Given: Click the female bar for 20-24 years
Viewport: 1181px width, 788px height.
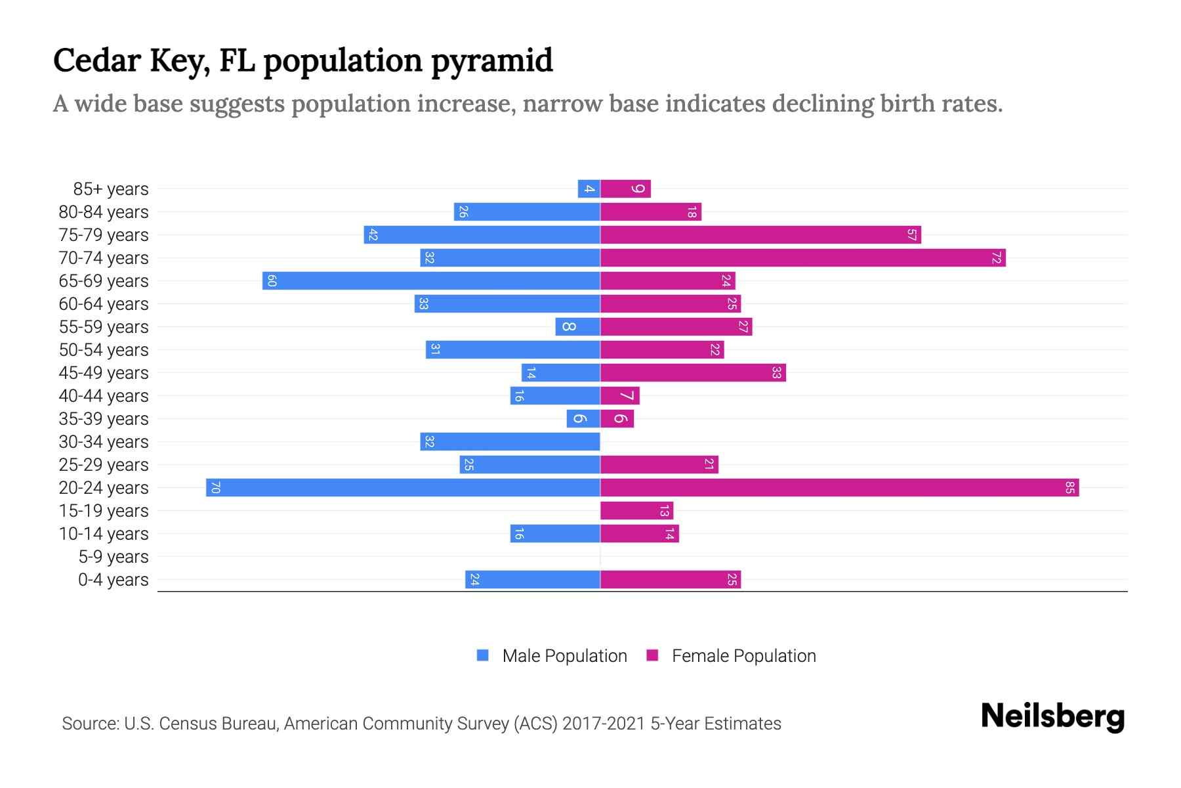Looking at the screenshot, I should (x=839, y=488).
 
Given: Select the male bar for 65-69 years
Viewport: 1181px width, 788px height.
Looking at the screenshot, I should (x=431, y=281).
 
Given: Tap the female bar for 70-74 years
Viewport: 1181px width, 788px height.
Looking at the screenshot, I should (x=802, y=258).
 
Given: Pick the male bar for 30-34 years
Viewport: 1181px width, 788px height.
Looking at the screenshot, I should (x=510, y=442).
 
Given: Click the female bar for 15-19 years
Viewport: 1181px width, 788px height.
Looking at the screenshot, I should (x=636, y=511).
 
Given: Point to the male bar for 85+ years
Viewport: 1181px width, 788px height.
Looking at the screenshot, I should (x=589, y=189).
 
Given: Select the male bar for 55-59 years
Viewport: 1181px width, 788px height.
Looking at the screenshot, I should (x=577, y=327).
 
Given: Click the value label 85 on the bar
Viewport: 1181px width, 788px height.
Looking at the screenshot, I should (x=1069, y=488).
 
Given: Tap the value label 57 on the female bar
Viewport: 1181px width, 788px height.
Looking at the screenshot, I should (x=911, y=235).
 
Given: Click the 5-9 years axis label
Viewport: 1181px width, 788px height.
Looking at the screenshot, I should (x=113, y=557).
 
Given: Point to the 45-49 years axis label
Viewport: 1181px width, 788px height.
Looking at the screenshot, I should (x=104, y=373).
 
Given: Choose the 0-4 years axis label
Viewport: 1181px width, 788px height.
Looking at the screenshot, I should (x=113, y=580).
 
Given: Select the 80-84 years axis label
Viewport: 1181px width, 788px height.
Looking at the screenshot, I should (x=104, y=212).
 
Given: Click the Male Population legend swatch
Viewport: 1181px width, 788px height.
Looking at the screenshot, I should (x=483, y=655).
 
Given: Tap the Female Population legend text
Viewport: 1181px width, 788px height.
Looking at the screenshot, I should (x=743, y=656).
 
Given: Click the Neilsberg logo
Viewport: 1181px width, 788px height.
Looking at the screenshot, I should (x=1052, y=716).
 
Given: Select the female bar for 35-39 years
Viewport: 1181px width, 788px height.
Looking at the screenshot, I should (x=617, y=419).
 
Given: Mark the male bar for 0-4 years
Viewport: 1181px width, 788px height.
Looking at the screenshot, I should (x=533, y=580).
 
